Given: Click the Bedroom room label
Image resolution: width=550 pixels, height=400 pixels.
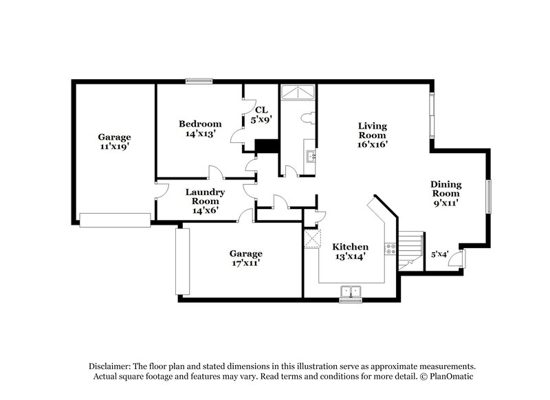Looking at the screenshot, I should [200, 124].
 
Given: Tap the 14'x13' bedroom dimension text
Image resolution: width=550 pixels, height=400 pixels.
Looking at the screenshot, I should [200, 134].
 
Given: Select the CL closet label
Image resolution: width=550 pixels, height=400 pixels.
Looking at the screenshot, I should [261, 109].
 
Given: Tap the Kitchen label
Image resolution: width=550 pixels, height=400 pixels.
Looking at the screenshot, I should [350, 247].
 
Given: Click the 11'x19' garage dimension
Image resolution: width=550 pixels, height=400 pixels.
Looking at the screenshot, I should [114, 146].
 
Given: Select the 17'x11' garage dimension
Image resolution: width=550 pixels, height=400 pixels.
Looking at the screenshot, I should [245, 263].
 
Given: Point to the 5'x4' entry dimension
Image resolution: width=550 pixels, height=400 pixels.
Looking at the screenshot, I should [439, 254].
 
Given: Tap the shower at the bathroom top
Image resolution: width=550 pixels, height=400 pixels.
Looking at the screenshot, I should [298, 91].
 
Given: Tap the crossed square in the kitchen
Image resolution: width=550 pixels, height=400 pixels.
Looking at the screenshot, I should [312, 239].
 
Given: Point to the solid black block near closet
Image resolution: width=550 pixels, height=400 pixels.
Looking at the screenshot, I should [266, 146].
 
